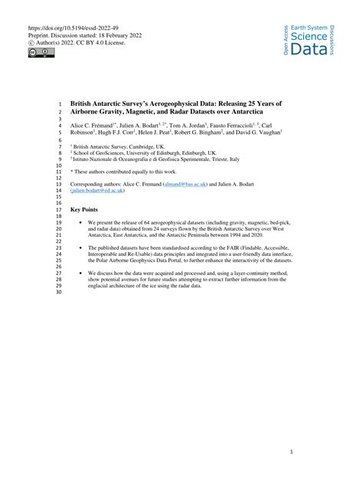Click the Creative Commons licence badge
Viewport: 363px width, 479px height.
35,52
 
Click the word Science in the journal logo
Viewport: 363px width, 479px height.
309,35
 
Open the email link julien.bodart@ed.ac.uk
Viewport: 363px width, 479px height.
100,192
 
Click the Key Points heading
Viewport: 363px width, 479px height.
83,210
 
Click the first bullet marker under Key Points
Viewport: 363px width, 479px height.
80,222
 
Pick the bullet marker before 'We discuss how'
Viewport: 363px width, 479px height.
80,273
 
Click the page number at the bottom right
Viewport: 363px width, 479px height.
292,451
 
